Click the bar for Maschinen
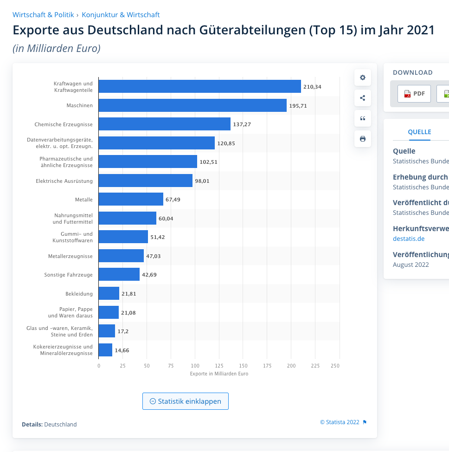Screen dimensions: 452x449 [192, 105]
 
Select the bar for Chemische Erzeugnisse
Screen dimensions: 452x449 [164, 124]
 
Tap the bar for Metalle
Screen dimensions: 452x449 [131, 200]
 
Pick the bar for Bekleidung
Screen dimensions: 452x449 [109, 294]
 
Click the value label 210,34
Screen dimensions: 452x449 [312, 87]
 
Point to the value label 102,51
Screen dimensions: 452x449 [208, 162]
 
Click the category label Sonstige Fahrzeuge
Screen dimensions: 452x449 [68, 275]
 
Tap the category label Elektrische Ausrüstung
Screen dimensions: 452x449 [64, 181]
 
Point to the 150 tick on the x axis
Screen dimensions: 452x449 [243, 366]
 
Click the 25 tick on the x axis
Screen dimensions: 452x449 [122, 366]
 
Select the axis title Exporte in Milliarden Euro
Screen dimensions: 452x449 [219, 374]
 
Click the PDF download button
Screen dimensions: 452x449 [414, 94]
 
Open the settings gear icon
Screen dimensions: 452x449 [363, 77]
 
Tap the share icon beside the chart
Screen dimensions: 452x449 [363, 98]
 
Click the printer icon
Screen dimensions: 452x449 [363, 139]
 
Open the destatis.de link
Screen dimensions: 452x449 [408, 239]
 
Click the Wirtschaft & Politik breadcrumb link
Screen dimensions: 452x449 [43, 15]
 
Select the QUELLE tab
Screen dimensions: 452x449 [419, 132]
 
